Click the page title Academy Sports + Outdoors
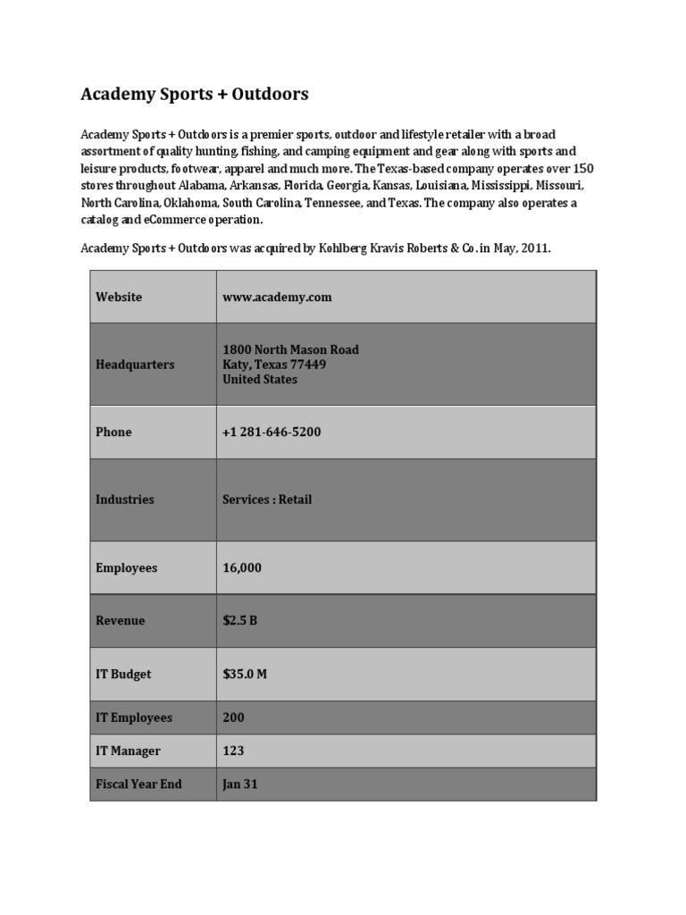[195, 94]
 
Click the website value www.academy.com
[277, 298]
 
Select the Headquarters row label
[135, 365]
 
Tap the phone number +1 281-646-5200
[272, 432]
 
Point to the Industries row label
[125, 499]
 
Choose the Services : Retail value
[267, 499]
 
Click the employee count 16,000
[242, 567]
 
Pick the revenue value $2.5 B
[239, 621]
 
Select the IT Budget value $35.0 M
[245, 675]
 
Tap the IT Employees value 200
[233, 718]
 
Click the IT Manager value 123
[233, 751]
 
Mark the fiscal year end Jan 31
[240, 785]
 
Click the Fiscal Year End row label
[138, 785]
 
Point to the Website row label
[119, 298]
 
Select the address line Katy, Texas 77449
[274, 365]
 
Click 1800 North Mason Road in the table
[290, 349]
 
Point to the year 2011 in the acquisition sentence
[534, 248]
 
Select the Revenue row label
[120, 621]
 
